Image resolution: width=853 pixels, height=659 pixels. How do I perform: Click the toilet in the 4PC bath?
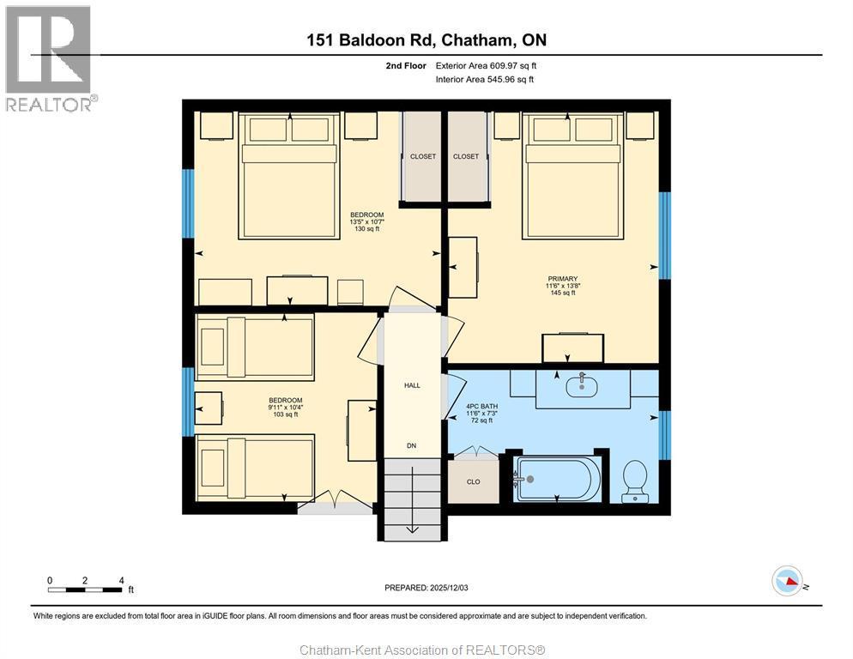(635, 478)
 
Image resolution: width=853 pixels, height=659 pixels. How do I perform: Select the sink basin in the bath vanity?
(583, 386)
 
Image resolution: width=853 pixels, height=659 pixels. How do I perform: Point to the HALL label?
(412, 385)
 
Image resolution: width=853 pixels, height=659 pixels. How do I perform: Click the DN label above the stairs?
(412, 445)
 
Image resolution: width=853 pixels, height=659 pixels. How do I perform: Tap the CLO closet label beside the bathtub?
(474, 481)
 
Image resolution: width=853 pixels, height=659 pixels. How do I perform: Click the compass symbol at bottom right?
(787, 582)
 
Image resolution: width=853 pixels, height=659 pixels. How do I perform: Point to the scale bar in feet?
(85, 589)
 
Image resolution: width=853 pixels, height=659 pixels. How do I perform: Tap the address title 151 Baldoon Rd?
(426, 39)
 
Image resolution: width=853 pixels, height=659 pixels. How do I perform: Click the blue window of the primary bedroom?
(663, 235)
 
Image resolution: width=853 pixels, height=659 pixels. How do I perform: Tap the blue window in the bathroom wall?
(663, 433)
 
